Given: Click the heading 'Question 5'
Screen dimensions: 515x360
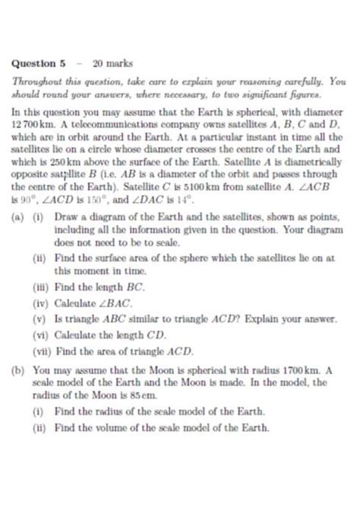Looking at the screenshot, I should tap(38, 63).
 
